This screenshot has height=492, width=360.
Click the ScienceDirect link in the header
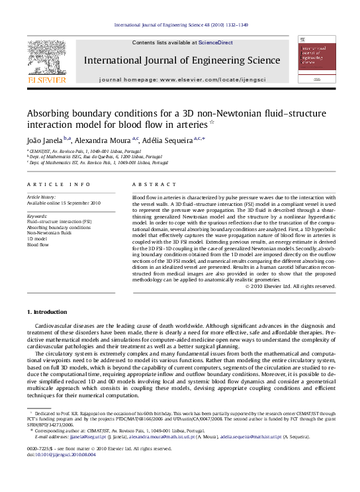click(216, 42)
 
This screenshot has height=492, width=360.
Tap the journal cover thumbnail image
click(315, 61)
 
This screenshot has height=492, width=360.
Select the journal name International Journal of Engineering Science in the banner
click(182, 60)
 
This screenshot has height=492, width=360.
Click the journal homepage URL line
click(181, 79)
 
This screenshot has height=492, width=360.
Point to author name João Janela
click(44, 140)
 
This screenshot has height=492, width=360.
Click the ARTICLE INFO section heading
click(50, 184)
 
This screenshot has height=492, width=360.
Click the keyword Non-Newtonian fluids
click(49, 233)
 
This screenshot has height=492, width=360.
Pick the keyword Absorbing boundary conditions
click(59, 227)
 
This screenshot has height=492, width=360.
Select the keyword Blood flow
click(38, 245)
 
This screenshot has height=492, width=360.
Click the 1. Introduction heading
click(46, 311)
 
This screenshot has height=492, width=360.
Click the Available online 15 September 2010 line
click(64, 203)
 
